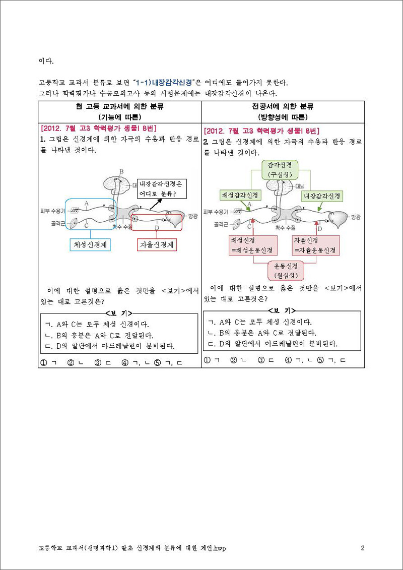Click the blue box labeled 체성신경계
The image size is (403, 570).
[90, 245]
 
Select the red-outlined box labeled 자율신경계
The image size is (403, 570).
[157, 245]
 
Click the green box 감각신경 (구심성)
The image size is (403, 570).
[280, 170]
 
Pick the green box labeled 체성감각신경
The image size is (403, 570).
[239, 196]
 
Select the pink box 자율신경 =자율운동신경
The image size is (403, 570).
[316, 245]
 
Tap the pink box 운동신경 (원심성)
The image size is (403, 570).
[285, 271]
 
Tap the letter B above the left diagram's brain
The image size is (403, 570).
[122, 171]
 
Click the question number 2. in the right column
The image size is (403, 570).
[206, 141]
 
